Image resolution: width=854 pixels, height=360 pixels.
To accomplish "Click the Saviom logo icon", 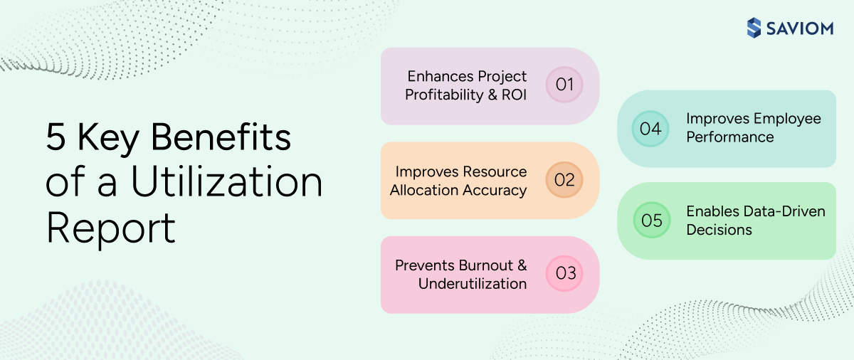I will point(754,28).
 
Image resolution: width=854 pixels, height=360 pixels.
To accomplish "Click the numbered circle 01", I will point(564,85).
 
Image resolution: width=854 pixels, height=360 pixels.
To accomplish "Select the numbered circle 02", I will point(564,180).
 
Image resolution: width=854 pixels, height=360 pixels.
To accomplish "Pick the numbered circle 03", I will point(564,274).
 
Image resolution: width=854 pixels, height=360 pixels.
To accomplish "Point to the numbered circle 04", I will point(650,129).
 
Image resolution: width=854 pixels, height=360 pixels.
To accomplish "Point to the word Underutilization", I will point(473,284).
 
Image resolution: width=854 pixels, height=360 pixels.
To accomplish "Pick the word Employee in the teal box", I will point(789,118).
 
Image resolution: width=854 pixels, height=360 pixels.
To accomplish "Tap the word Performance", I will point(729,137).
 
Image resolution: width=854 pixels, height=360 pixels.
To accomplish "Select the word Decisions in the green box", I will point(719,230).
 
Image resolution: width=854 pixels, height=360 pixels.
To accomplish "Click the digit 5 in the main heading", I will point(56,137).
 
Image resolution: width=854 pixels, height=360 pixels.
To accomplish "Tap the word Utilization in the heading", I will point(226,182).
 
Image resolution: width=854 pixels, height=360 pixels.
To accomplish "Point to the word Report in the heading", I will point(110,228).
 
